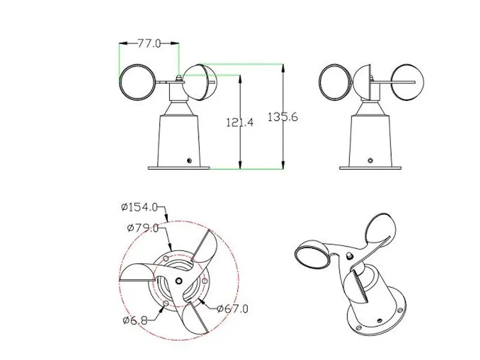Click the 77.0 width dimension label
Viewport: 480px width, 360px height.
tap(149, 43)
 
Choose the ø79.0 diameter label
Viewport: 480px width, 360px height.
tap(143, 227)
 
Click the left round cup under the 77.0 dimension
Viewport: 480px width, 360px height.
tap(137, 83)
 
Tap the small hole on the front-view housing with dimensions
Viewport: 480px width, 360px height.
tap(189, 160)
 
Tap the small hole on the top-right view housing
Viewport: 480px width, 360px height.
tap(371, 160)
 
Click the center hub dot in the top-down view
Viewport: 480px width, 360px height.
tap(178, 280)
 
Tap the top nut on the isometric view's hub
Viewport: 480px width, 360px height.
tap(349, 256)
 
